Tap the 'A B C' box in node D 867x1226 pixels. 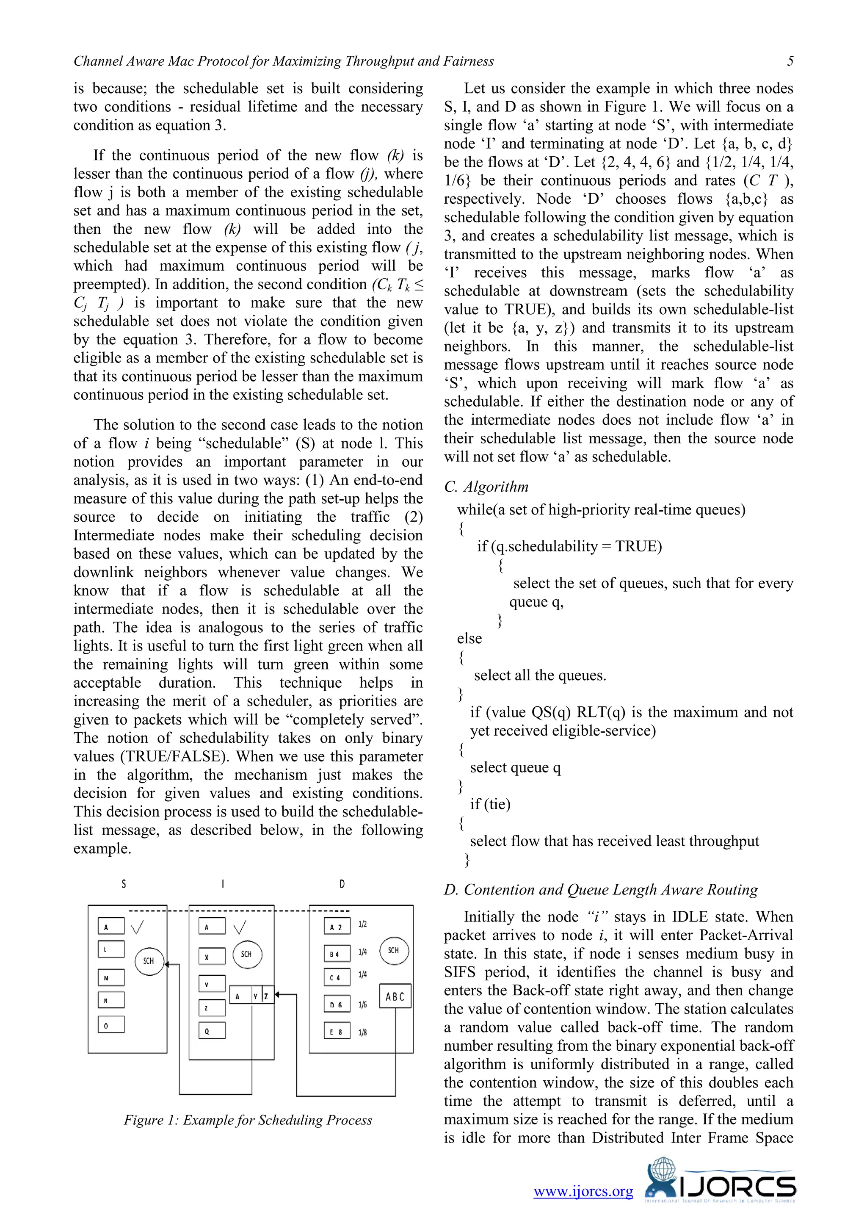coord(395,996)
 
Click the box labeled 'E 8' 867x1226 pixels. coord(337,1032)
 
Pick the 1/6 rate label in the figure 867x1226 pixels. coord(362,1005)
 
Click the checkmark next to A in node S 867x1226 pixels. coord(137,927)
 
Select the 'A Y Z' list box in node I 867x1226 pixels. coord(251,996)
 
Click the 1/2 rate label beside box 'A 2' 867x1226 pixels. coord(362,924)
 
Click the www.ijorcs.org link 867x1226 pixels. coord(583,1191)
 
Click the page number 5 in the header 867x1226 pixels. coord(790,61)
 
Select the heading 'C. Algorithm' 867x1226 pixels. coord(486,487)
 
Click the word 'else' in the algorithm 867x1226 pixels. coord(469,639)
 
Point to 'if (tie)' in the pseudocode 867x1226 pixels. coord(490,804)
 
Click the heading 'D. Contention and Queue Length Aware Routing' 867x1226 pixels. coord(601,890)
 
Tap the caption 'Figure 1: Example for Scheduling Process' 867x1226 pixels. coord(248,1120)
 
